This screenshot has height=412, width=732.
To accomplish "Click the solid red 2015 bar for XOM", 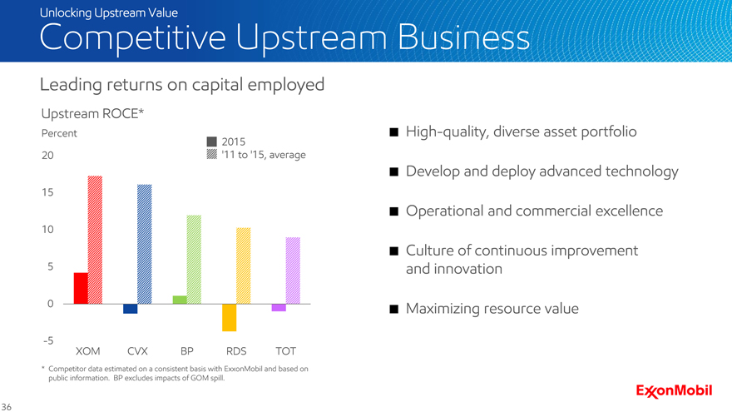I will tap(81, 288).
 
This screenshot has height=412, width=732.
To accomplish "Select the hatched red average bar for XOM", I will tap(95, 240).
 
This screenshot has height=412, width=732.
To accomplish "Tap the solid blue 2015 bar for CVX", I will tap(130, 309).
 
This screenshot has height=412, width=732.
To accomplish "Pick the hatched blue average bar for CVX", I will tap(145, 244).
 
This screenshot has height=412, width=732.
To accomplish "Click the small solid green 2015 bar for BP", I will tap(180, 300).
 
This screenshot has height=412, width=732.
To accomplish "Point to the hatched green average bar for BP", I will tap(194, 259).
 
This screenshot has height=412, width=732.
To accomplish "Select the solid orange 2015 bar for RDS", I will tap(230, 318).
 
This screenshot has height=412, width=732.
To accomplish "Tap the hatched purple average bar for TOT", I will tap(293, 271).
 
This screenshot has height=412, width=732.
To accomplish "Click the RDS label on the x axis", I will tap(236, 350).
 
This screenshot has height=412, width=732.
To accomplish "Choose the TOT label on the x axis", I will tap(285, 350).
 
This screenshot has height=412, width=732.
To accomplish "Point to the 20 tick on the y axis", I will tap(48, 156).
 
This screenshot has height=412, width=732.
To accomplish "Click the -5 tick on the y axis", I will tap(49, 340).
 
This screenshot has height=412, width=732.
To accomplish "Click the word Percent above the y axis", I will tap(59, 133).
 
